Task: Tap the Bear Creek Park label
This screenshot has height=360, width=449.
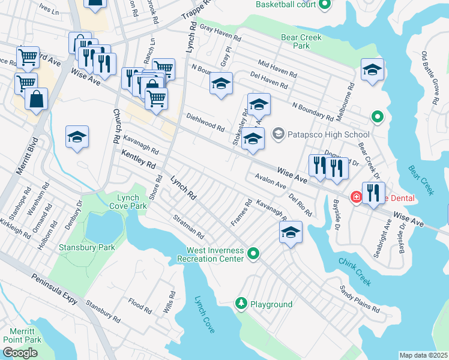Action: (302, 41)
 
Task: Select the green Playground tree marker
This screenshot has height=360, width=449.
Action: (241, 304)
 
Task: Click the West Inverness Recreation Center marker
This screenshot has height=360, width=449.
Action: (253, 254)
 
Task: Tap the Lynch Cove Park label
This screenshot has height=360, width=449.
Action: (128, 201)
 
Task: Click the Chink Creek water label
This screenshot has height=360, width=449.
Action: (355, 272)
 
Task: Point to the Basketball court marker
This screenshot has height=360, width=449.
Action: (325, 5)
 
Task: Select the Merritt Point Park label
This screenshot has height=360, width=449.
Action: (22, 335)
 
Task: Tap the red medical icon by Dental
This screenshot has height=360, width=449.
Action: (356, 196)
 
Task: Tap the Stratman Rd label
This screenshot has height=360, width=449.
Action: (188, 226)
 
